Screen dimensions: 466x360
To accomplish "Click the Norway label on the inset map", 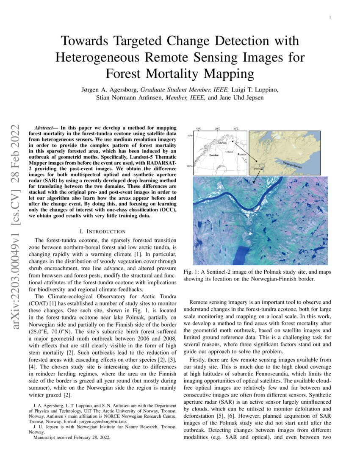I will pos(222,143).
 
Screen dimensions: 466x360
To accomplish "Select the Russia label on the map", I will pos(241,154).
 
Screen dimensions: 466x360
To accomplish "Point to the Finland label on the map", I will pos(229,152).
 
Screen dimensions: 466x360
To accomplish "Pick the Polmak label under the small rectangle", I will pos(258,169).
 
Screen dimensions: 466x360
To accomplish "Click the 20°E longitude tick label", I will pos(217,128).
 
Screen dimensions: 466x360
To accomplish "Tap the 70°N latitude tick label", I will pos(190,136).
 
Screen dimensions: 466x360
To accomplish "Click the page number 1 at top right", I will pos(330,17).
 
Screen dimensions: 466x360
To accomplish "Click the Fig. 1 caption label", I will pos(190,272).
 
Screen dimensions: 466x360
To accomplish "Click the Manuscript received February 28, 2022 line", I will pos(72,438).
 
